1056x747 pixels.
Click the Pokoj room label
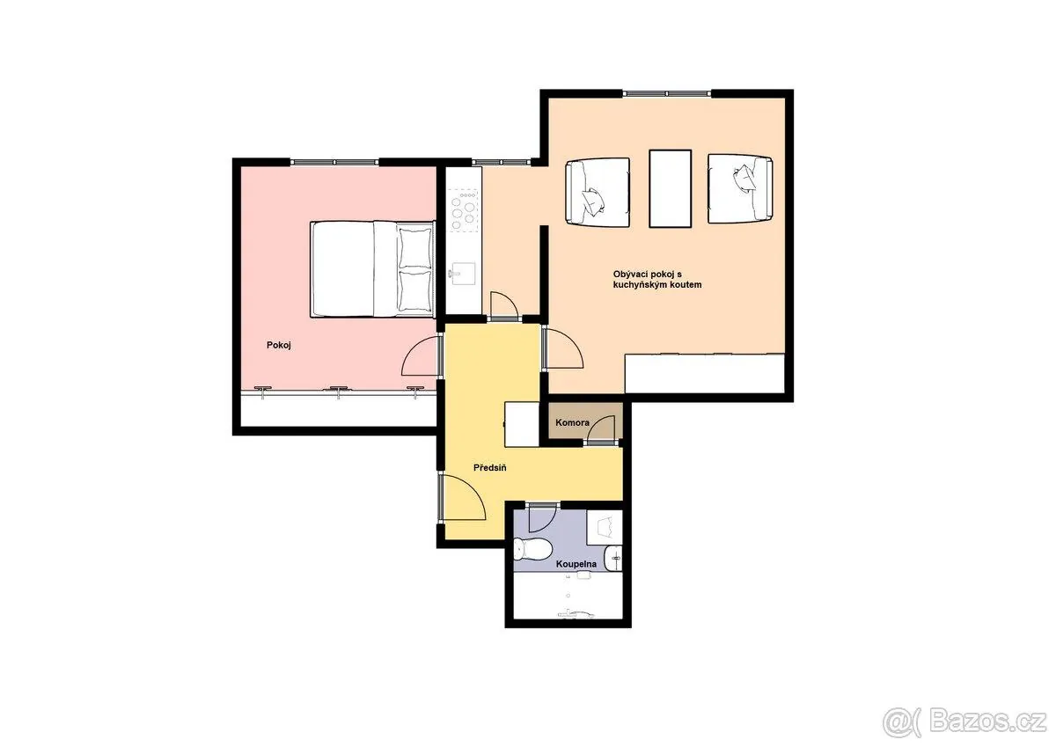(x=279, y=346)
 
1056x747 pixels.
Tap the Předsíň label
(x=490, y=468)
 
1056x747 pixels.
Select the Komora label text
(x=572, y=422)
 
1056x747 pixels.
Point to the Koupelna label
(x=576, y=564)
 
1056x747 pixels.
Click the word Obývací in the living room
(x=630, y=275)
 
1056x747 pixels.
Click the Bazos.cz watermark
(x=964, y=722)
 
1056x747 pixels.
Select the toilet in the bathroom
(x=532, y=549)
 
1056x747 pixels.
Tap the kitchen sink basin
(x=463, y=275)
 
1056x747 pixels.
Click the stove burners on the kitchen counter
(x=463, y=210)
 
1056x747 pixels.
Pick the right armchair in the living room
(x=740, y=188)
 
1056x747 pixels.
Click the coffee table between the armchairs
(x=670, y=188)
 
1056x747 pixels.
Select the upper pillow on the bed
(x=414, y=248)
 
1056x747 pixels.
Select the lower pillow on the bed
(x=414, y=291)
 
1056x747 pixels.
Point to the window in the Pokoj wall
(x=334, y=162)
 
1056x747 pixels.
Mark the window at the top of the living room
(x=667, y=93)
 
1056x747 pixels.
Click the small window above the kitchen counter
(x=501, y=162)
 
